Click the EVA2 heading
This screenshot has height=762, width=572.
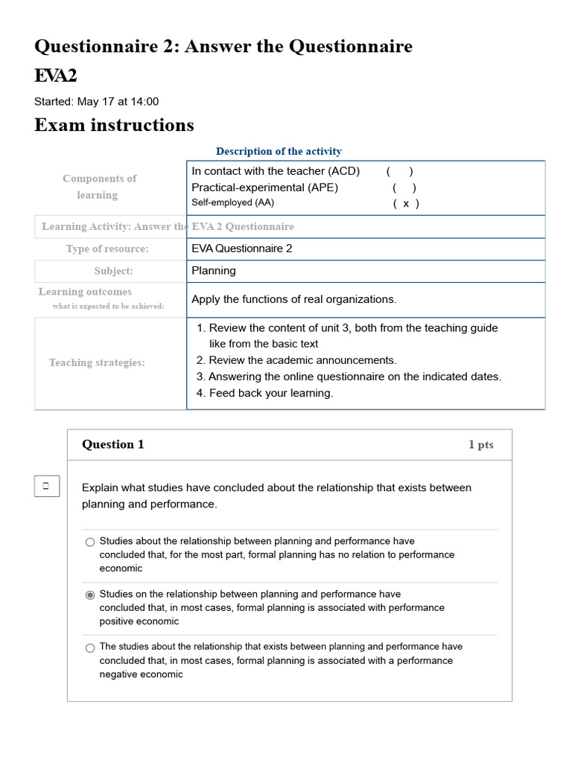click(x=55, y=76)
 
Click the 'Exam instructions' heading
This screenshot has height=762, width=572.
click(x=114, y=125)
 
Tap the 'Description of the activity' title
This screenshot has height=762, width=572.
click(x=279, y=151)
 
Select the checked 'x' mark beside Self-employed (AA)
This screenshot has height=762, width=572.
click(x=406, y=203)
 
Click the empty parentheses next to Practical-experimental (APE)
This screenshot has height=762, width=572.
click(x=404, y=188)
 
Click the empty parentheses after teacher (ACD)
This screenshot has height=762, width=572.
click(x=400, y=171)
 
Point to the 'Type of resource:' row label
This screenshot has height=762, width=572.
click(x=107, y=249)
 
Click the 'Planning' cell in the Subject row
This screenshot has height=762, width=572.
click(x=214, y=271)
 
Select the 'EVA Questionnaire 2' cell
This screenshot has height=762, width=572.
click(x=242, y=249)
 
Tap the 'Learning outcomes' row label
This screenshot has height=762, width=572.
click(x=85, y=292)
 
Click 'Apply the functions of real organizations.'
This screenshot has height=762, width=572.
click(x=294, y=299)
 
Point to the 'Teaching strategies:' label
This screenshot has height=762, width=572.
click(x=97, y=362)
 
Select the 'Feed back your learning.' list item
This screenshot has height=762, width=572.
click(x=270, y=393)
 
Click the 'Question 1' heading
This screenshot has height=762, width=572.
click(x=113, y=444)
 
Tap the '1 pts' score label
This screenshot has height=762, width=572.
click(x=480, y=445)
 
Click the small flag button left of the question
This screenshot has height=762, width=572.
click(x=45, y=486)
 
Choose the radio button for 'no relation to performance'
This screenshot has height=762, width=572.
click(x=90, y=542)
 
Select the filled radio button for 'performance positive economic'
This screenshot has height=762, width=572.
click(x=90, y=595)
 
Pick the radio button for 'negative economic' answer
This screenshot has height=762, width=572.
click(x=90, y=648)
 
